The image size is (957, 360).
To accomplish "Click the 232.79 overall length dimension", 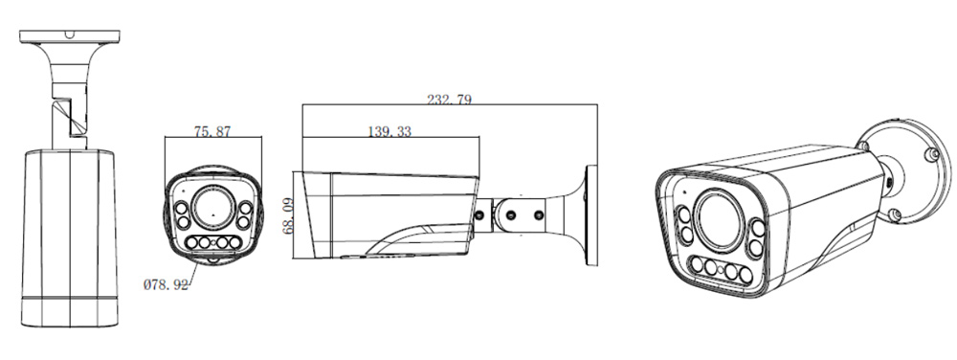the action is [x=449, y=100].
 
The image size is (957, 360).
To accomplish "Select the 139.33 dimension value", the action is [x=389, y=131].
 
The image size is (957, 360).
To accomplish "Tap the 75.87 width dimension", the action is [x=212, y=131].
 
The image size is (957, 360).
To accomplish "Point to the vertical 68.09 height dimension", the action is [x=289, y=215].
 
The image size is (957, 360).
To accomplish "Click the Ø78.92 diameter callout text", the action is [x=166, y=285].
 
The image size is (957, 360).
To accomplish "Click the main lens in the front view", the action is [x=212, y=208].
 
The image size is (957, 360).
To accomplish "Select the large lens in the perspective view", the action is [x=720, y=219].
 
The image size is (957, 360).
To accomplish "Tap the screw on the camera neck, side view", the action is [x=480, y=215].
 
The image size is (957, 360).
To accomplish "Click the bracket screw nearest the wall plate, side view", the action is [x=538, y=215].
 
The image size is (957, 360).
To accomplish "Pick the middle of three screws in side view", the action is [x=511, y=215].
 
